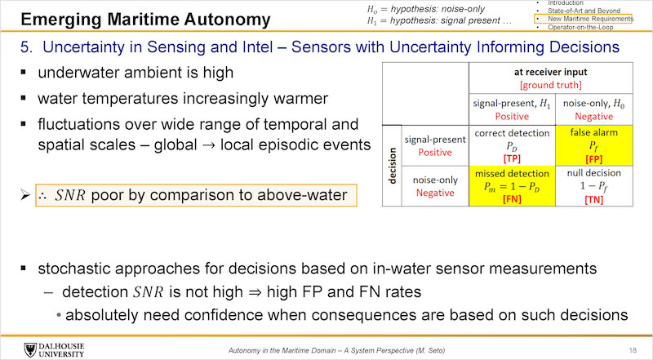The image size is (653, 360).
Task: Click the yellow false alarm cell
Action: tap(594, 145)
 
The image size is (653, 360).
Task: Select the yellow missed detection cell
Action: tap(513, 186)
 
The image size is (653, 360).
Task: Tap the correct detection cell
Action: tap(513, 145)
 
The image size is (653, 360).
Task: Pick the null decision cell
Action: tap(594, 186)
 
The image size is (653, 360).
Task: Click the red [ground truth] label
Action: tap(550, 85)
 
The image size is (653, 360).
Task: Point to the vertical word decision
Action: tap(392, 166)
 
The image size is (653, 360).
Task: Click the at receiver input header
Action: tap(550, 72)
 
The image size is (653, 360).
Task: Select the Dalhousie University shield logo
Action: tap(30, 350)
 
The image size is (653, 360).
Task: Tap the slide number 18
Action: tap(633, 350)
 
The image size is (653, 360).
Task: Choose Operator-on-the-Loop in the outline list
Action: tap(580, 27)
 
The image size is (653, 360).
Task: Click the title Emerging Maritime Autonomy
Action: tap(145, 20)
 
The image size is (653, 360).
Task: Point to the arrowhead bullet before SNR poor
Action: tap(25, 194)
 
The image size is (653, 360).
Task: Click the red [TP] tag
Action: tap(512, 158)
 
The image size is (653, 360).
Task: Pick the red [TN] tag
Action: tap(594, 199)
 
